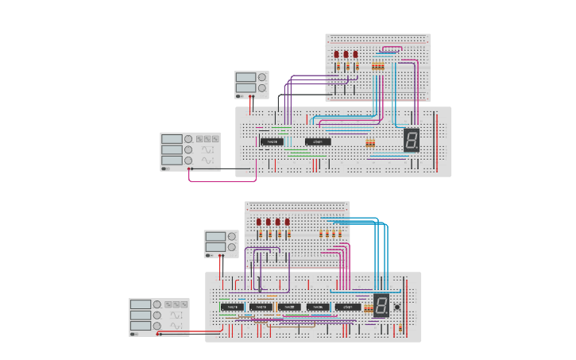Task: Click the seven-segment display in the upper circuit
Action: (412, 140)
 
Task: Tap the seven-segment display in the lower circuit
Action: (381, 305)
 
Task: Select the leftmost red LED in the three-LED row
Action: (337, 55)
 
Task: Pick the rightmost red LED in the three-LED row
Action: (355, 55)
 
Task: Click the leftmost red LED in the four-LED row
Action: (259, 223)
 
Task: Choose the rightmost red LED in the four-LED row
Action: (287, 223)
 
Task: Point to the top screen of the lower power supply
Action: (215, 237)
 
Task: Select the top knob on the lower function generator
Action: (158, 304)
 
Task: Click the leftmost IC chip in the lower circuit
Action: (232, 307)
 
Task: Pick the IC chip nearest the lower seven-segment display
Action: (347, 307)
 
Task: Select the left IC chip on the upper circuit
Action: (272, 141)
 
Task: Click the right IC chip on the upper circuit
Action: (318, 141)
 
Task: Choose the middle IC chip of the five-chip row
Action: (290, 307)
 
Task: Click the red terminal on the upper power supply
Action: (249, 96)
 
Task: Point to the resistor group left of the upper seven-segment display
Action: (369, 144)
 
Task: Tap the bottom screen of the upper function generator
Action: (172, 160)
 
